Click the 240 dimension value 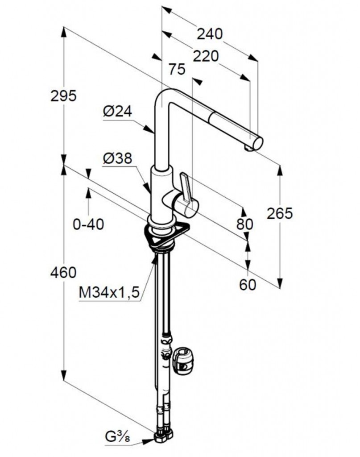tap(210, 34)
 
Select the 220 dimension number tap(206, 56)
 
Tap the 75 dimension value tap(177, 69)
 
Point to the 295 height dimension tap(63, 96)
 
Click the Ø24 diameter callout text tap(117, 111)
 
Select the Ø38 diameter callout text tap(117, 158)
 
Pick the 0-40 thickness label tap(88, 224)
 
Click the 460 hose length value tap(63, 273)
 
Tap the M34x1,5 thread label tap(109, 292)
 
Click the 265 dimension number tap(280, 214)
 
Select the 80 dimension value tap(244, 224)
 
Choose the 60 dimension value tap(248, 284)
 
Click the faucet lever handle tap(186, 187)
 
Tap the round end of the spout tap(258, 143)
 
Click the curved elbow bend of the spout tap(166, 98)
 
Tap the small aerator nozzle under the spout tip tap(248, 149)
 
